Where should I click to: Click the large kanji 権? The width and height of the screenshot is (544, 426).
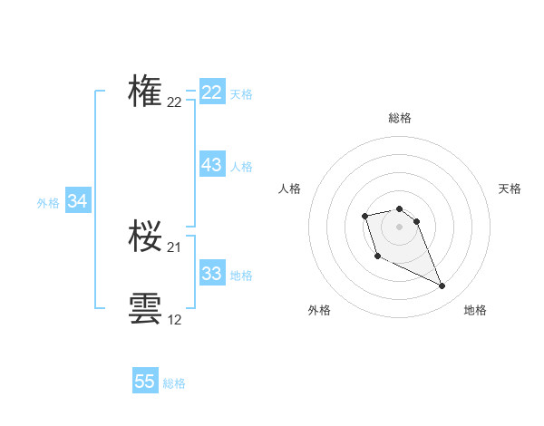click(x=145, y=92)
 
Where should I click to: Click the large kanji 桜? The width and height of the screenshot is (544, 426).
click(x=145, y=237)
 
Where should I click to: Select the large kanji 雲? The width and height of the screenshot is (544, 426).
click(x=145, y=308)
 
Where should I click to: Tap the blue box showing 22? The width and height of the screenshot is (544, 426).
click(x=212, y=92)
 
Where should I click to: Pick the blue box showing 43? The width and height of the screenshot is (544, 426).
click(x=212, y=165)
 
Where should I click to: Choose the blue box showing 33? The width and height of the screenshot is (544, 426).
click(x=212, y=274)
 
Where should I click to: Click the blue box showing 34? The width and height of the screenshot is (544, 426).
click(x=78, y=201)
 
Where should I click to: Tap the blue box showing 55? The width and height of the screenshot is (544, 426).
click(x=145, y=382)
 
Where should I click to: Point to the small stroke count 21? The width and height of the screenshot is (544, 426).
click(x=174, y=247)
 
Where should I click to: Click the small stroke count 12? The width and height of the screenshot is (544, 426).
click(x=174, y=320)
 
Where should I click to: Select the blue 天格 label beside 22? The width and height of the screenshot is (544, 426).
click(x=241, y=93)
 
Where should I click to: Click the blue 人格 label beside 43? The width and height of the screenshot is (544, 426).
click(x=241, y=167)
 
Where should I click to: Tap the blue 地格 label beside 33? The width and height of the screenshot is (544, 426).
click(x=241, y=276)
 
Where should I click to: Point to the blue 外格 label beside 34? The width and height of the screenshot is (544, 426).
click(x=48, y=203)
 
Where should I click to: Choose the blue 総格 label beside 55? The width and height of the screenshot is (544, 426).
click(x=174, y=383)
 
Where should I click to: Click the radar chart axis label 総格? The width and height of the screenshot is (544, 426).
click(x=400, y=118)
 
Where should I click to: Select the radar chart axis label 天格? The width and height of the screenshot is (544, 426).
click(x=510, y=189)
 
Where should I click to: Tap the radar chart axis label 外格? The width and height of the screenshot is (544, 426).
click(x=319, y=310)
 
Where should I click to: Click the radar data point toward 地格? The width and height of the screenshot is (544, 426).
click(x=442, y=286)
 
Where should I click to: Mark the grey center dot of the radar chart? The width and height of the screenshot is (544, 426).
click(x=400, y=226)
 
